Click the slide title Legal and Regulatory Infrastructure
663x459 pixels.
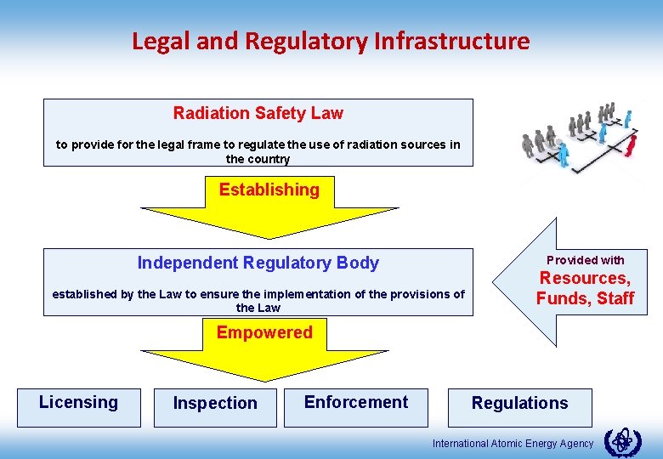tap(331, 41)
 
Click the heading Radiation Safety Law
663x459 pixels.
tap(258, 113)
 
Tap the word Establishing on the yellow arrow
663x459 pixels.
tap(269, 190)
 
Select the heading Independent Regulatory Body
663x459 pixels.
tap(258, 263)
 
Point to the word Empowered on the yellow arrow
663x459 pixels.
tap(263, 332)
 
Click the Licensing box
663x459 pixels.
tap(79, 403)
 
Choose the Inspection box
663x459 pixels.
tap(215, 404)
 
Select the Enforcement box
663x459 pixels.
tap(356, 403)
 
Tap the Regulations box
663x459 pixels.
tap(519, 404)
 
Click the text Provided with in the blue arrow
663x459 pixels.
tap(585, 260)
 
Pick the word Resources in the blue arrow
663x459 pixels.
tap(584, 279)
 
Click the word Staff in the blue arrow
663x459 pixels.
tap(615, 298)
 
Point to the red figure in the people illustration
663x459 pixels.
tap(630, 145)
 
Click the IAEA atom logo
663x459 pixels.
tap(622, 442)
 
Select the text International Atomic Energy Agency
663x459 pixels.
tap(513, 444)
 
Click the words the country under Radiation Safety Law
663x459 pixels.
tap(258, 159)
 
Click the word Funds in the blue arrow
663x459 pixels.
tap(562, 298)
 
